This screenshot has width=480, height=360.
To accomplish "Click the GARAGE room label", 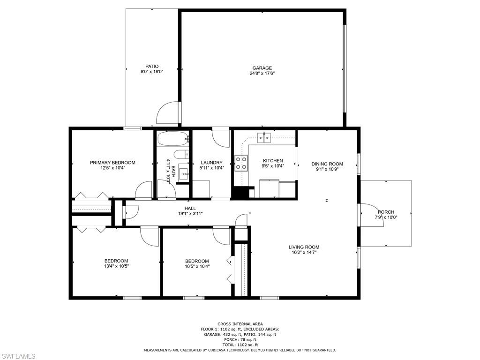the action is [262, 68].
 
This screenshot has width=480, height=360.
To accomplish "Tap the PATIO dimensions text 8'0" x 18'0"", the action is [152, 72].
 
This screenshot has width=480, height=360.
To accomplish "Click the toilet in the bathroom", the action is [180, 155].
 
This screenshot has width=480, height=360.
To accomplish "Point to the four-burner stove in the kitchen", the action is [241, 163].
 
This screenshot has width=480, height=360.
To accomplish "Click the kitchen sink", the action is [266, 136].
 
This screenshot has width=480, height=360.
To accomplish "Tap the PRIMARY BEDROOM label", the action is [112, 163].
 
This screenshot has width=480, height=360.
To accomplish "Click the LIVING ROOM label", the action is [304, 247].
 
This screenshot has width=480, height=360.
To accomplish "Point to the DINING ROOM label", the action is [327, 164].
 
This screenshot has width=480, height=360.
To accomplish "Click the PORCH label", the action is [386, 212].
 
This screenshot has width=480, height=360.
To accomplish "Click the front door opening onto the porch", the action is [371, 215].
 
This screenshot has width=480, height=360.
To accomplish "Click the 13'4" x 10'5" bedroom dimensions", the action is [116, 266].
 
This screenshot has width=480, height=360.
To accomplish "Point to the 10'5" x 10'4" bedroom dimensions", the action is [197, 266].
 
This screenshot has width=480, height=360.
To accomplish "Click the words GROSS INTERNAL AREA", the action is [240, 324].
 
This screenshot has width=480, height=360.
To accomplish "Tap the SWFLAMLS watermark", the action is [19, 356].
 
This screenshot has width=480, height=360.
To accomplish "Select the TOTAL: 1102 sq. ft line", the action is [240, 345].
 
